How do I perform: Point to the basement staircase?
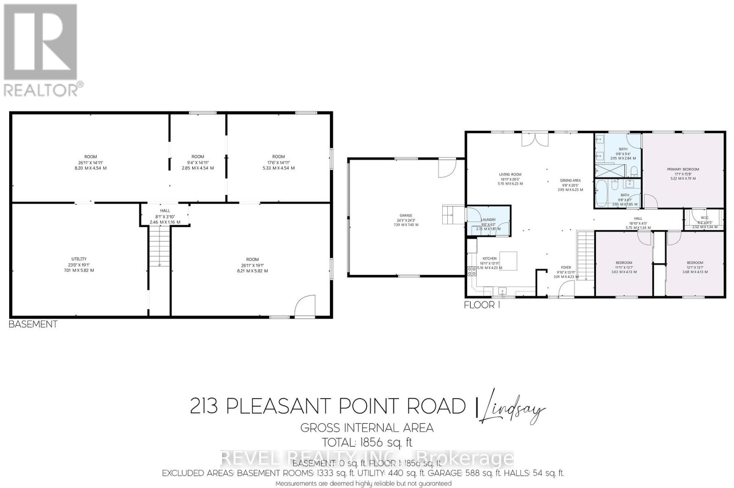coord(159,248)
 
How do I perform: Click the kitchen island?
coord(508,261)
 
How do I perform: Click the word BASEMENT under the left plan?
coord(33,324)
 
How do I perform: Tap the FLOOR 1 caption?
coord(482,305)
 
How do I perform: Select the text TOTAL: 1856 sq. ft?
coord(367,443)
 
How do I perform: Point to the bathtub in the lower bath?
coord(602,193)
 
